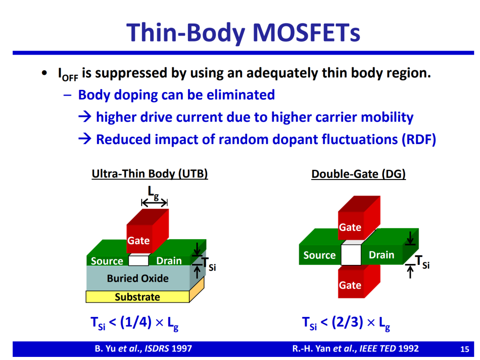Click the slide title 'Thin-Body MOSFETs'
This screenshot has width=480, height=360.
244,33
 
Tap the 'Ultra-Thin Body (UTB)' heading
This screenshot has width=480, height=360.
150,174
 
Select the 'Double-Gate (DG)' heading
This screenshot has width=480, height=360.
359,174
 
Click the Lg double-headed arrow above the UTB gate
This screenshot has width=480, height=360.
154,202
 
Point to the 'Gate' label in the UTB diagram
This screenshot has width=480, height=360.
138,240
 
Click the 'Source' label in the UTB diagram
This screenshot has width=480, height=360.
107,261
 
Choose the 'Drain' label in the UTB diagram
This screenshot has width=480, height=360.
169,260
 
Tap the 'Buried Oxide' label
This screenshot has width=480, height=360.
138,278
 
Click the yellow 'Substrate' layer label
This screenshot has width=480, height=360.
137,297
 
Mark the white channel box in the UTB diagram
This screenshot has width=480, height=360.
139,260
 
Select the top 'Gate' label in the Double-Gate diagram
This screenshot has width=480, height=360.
350,228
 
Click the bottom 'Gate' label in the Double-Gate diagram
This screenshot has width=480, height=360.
350,285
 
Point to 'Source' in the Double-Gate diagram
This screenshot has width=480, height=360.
320,255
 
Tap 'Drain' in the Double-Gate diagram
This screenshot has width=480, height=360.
381,255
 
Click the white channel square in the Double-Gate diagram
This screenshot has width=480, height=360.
351,255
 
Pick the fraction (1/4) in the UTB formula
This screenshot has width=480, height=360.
136,322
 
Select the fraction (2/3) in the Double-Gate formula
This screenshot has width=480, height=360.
347,322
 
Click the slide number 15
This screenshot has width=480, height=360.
465,349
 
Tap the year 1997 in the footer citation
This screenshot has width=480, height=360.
181,348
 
